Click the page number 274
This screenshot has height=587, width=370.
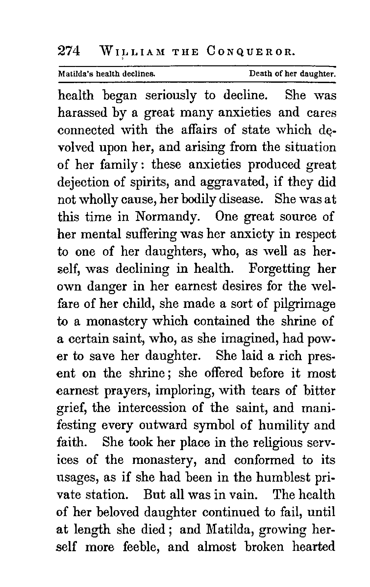pos(69,51)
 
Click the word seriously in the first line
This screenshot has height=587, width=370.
pos(170,95)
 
